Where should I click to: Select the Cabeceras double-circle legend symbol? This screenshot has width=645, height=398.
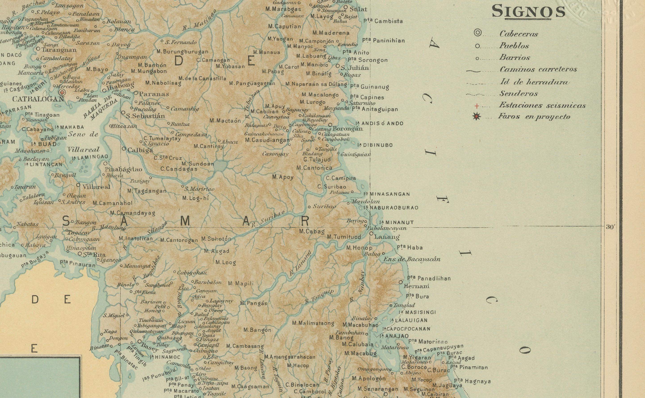pyautogui.click(x=477, y=33)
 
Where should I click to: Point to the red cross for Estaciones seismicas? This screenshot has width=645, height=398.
pyautogui.click(x=476, y=106)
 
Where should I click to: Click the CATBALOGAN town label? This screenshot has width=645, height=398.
pyautogui.click(x=38, y=99)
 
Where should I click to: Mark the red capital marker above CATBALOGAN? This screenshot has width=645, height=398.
pyautogui.click(x=62, y=92)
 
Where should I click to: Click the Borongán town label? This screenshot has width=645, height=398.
pyautogui.click(x=347, y=129)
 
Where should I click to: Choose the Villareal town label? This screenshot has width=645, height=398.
pyautogui.click(x=96, y=187)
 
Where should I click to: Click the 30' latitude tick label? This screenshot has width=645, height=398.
pyautogui.click(x=610, y=227)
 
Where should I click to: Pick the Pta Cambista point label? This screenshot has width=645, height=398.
pyautogui.click(x=383, y=21)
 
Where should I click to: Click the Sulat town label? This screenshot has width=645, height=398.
pyautogui.click(x=358, y=9)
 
